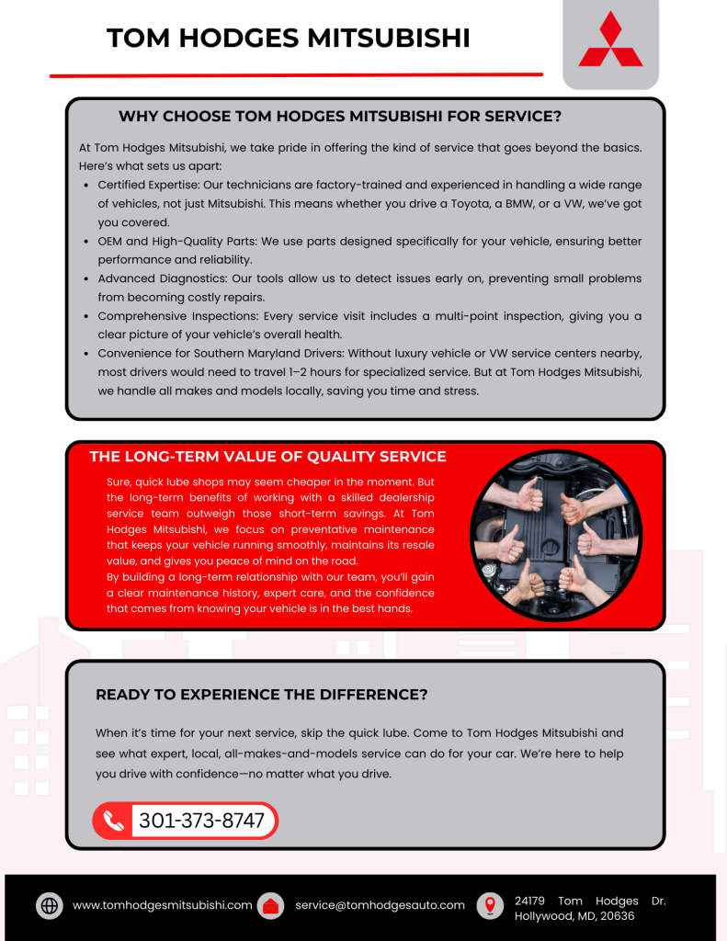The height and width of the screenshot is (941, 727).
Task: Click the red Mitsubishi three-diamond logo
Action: pos(610,40)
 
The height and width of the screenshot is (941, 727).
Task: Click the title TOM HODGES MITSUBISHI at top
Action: pos(289,38)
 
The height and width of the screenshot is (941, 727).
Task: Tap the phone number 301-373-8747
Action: pos(201,821)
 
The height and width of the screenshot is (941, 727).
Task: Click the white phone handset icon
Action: pos(114,821)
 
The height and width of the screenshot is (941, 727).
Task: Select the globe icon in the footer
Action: pos(50,905)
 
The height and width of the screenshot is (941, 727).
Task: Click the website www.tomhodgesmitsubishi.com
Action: pos(162,905)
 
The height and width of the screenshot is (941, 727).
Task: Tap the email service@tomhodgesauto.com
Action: pos(380,905)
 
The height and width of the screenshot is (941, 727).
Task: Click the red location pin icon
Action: pos(490,905)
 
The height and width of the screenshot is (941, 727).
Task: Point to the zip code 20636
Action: pos(616,916)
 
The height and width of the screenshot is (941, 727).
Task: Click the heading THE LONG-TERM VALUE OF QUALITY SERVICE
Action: pos(267,457)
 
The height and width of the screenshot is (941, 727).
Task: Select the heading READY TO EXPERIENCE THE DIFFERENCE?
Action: pos(261,695)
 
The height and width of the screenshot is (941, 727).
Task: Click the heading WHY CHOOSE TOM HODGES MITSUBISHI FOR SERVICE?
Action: pos(340,117)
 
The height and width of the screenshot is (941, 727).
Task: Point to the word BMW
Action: pos(533,204)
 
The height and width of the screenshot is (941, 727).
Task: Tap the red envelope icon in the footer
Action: pos(270,905)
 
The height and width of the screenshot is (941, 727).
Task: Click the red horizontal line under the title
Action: pos(296,74)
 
